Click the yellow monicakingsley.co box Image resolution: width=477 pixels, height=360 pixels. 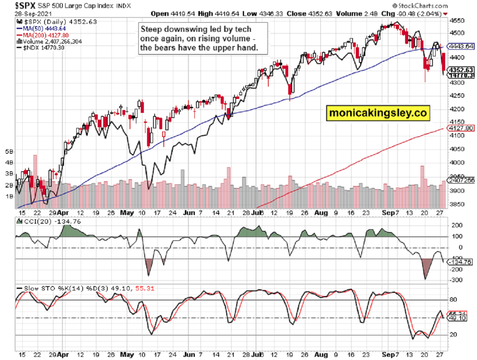tap(378, 113)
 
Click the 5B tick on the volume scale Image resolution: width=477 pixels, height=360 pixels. tap(9, 151)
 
